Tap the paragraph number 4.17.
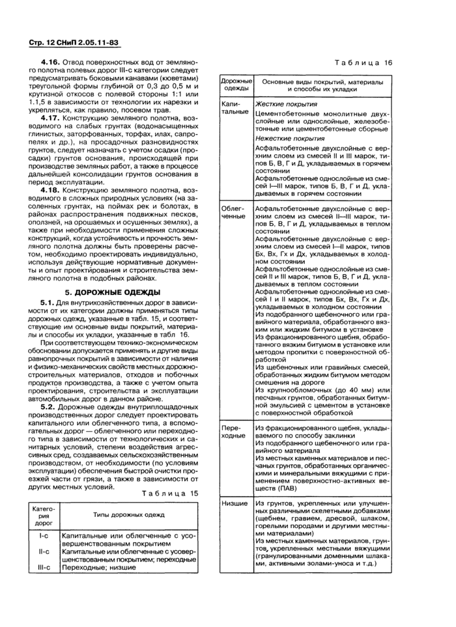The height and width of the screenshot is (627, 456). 51,118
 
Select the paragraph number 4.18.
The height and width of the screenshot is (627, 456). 51,189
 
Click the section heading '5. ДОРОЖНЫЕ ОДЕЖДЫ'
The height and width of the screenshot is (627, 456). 113,292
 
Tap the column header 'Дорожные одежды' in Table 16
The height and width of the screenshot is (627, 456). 235,85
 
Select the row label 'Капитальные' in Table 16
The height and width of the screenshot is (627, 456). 235,107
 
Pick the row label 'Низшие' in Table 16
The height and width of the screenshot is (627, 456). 234,503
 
